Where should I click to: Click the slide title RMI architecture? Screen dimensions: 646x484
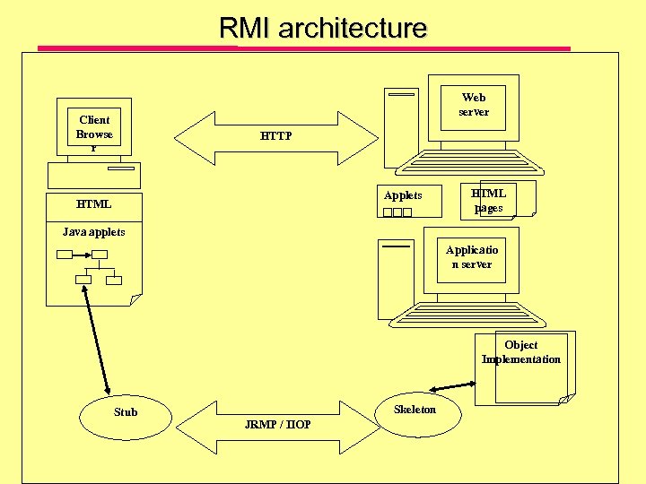[x=323, y=28]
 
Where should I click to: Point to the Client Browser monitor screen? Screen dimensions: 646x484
[x=94, y=126]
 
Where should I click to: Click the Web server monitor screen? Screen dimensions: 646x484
[x=473, y=108]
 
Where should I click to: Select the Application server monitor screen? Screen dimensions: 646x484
[x=471, y=260]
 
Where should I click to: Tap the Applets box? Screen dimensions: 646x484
[x=409, y=201]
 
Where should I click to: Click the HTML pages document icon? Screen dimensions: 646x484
[x=498, y=201]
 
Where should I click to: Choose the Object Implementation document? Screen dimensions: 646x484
[x=525, y=368]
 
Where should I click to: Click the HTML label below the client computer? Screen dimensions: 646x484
[x=94, y=204]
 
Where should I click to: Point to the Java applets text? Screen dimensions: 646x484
[x=94, y=232]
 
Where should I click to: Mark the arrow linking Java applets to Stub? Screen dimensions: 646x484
[x=96, y=340]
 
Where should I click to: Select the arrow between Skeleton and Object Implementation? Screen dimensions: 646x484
[x=452, y=386]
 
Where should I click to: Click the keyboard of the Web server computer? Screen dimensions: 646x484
[x=469, y=162]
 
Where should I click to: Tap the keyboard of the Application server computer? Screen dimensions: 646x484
[x=467, y=315]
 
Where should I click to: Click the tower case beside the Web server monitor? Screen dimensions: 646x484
[x=401, y=128]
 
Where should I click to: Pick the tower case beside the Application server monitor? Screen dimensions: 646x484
[x=396, y=280]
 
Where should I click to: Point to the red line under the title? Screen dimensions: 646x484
[x=304, y=48]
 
